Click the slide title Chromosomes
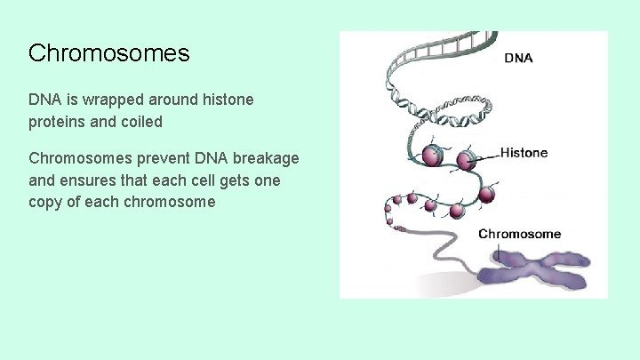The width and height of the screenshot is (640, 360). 108,53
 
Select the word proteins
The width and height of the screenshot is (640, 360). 56,122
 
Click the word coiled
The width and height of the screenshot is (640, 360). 140,122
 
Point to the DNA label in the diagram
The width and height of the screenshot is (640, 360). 519,59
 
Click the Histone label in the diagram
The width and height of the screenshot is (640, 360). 524,152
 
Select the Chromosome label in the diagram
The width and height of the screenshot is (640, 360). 520,234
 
